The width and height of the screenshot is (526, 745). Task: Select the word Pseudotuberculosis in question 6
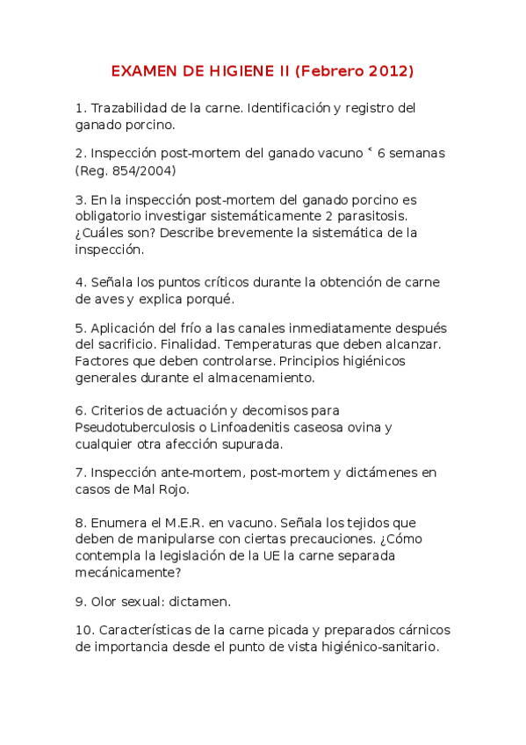(140, 427)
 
